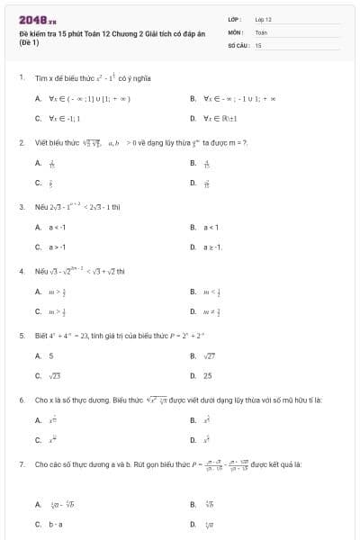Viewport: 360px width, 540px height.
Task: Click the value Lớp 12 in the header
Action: [x=263, y=19]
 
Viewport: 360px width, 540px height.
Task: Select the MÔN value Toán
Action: [x=261, y=31]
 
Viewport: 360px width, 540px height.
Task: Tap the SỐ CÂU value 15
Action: [x=258, y=44]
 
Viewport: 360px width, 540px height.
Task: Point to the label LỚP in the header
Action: [x=235, y=19]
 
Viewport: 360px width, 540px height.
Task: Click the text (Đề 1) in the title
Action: [x=30, y=42]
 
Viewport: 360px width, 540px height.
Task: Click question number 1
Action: [x=21, y=77]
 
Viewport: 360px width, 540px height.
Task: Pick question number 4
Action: [x=21, y=270]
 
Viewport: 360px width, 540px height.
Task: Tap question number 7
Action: [x=21, y=464]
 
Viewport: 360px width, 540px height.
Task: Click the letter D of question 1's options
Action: [x=193, y=118]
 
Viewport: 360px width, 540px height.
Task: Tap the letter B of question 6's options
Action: [x=193, y=420]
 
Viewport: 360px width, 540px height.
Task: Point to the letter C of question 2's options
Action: [x=38, y=183]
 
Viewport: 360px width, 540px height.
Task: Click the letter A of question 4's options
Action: [x=38, y=292]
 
